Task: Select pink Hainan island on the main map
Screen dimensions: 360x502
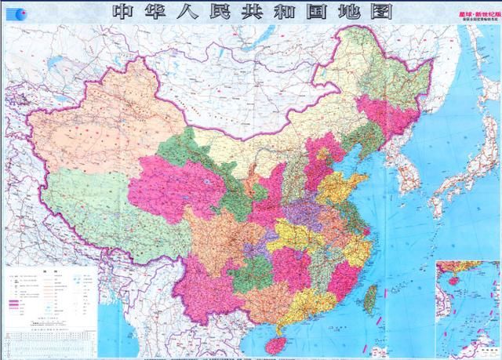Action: pos(275,340)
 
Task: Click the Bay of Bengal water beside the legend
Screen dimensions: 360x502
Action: pos(118,329)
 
